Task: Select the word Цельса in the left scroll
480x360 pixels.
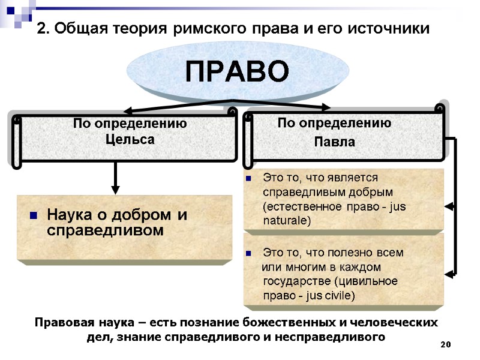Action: (x=130, y=139)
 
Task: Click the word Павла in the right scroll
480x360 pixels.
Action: (x=335, y=143)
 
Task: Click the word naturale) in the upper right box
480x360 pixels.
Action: (x=287, y=221)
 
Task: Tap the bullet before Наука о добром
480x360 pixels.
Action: (x=34, y=215)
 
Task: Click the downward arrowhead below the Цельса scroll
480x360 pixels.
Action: (x=116, y=188)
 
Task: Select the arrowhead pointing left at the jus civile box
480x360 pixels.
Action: (x=449, y=274)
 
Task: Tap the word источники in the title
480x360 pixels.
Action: (x=391, y=28)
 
